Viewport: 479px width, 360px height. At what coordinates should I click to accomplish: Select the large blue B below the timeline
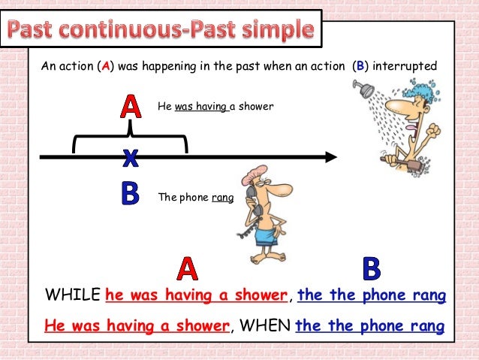tap(131, 195)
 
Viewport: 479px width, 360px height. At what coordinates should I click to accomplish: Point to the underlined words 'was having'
tap(200, 107)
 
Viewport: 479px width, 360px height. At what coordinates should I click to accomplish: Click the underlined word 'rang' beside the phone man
tap(222, 198)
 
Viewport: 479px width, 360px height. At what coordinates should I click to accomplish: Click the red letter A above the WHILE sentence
tap(187, 269)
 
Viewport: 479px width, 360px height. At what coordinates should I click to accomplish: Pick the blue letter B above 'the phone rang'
tap(371, 269)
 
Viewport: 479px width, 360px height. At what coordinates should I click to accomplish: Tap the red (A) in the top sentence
tap(107, 66)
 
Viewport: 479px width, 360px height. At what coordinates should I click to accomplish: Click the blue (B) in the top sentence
tap(361, 66)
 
